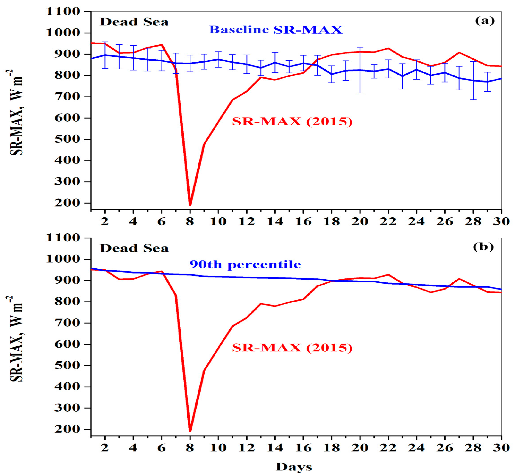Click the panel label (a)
485,21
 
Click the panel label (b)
483,247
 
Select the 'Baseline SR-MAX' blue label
276,30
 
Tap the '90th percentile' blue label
245,265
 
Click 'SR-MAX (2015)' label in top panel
292,121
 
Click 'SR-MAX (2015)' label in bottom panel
292,348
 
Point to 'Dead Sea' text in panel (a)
134,22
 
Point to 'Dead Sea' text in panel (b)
134,248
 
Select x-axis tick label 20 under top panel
360,221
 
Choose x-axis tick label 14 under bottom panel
275,448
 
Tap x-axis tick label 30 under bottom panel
501,448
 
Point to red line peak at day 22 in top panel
388,48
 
